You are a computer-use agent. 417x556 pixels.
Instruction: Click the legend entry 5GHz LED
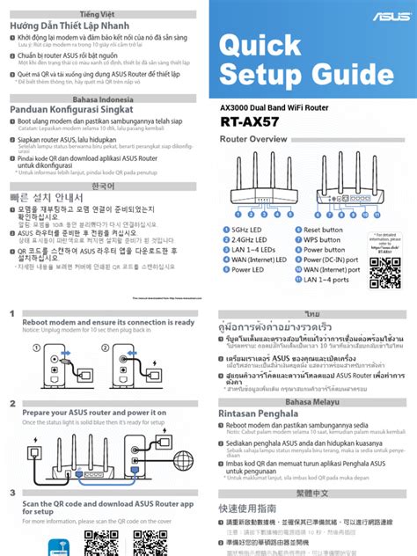[250, 230]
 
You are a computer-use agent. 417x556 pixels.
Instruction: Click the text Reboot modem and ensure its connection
[107, 323]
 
